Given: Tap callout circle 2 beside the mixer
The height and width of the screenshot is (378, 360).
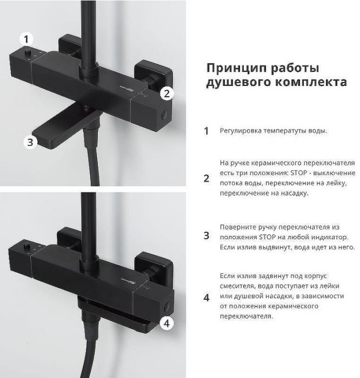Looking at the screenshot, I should click(167, 93).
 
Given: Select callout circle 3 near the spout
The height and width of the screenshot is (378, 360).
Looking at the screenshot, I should click(30, 142).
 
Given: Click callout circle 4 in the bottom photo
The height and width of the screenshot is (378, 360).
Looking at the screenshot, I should click(168, 323).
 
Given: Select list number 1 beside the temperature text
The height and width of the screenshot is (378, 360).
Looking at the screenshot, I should click(206, 131).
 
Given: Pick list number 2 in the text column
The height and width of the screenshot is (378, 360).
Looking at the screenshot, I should click(206, 178).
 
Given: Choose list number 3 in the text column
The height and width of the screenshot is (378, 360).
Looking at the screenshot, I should click(206, 235).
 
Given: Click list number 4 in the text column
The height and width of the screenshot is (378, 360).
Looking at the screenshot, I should click(206, 297).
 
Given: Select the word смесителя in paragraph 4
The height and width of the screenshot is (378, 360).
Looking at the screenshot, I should click(238, 286).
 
